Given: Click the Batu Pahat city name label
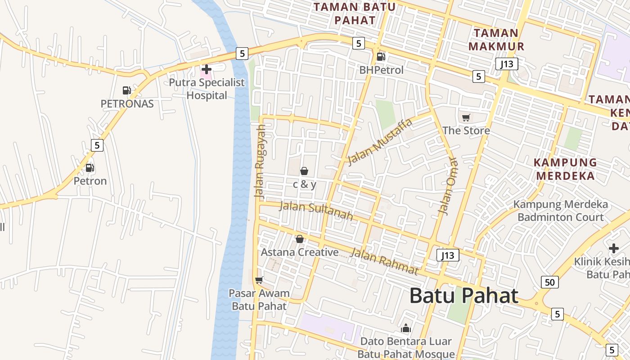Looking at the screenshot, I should tap(463, 296).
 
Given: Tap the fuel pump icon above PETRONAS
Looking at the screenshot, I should tap(126, 90).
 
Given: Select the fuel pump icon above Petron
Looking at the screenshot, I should tap(90, 168).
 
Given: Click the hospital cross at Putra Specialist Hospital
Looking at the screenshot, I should tap(207, 69).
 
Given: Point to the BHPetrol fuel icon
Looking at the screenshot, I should tap(381, 57).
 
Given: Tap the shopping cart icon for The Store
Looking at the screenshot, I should tap(466, 118).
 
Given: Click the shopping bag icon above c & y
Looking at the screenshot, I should tap(304, 171).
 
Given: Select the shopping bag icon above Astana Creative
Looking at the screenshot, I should tap(300, 239).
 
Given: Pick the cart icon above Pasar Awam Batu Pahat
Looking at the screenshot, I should tap(259, 280).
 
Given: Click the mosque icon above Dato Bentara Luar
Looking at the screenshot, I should tap(406, 328).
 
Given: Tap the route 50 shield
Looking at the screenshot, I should tap(549, 282).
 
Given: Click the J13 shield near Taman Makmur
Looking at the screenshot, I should tap(507, 64).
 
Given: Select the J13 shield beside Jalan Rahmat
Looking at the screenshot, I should tap(448, 256).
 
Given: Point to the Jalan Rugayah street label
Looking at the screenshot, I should tap(260, 162).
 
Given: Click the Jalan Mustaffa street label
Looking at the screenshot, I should tap(380, 142).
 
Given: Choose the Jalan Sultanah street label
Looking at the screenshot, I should tap(316, 211).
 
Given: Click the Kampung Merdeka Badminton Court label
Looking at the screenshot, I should tap(560, 211).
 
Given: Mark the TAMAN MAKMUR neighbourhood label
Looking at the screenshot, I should tap(496, 40).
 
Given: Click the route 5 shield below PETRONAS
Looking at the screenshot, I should tap(97, 145).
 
